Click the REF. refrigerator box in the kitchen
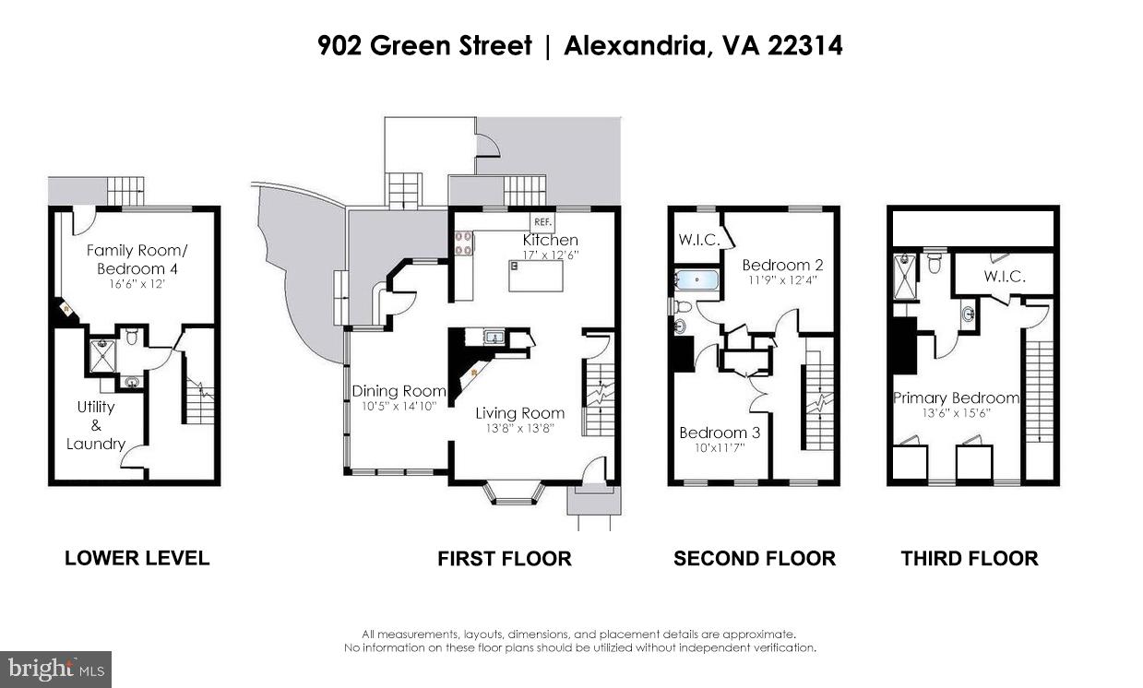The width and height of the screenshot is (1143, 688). (x=542, y=222)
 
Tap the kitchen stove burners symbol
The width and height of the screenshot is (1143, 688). (x=463, y=242)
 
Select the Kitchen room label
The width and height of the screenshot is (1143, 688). (x=550, y=240)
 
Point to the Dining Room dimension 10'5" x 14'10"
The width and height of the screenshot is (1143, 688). (x=399, y=407)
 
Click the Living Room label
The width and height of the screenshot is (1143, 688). (x=519, y=413)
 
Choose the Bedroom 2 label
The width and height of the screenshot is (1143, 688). (x=776, y=266)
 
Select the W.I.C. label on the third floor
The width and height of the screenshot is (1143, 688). (x=1005, y=276)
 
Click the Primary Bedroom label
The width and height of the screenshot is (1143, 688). (x=956, y=398)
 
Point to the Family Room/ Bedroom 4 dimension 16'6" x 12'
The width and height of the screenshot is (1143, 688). (x=132, y=286)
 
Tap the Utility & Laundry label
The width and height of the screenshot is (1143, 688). (x=96, y=425)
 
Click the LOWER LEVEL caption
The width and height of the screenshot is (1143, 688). (x=137, y=558)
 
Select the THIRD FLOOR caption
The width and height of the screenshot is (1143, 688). (x=970, y=558)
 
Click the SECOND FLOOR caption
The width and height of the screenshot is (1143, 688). (x=754, y=558)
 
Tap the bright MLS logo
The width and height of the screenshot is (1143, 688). (x=55, y=669)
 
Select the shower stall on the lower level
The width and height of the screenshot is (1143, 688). (x=102, y=356)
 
